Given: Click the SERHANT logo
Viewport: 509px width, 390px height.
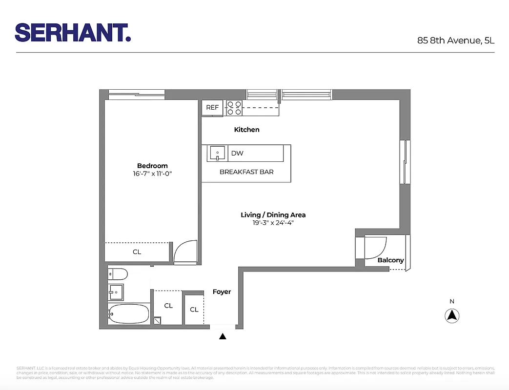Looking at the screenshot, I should tap(73, 32).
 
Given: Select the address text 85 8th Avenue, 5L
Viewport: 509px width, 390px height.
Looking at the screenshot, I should tap(455, 40).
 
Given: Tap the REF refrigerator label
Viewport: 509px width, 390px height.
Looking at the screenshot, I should tap(212, 108).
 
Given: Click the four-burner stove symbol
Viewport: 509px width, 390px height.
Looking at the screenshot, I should tap(234, 108).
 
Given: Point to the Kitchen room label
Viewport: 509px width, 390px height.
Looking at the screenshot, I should tap(246, 130).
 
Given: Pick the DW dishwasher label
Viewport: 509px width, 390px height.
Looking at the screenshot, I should tap(237, 154).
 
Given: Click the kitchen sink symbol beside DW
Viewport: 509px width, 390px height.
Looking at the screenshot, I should tap(217, 154).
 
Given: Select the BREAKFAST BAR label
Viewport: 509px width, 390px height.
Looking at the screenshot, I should tap(246, 172).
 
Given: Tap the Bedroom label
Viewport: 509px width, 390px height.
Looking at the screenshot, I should tap(152, 166).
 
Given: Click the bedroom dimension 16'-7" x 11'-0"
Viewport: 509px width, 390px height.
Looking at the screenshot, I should tap(152, 173).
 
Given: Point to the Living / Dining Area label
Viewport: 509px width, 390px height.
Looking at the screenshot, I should tap(273, 215).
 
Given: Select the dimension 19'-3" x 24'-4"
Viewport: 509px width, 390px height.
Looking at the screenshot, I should tap(273, 223).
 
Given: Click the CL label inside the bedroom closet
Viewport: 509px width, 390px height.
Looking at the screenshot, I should tap(137, 252).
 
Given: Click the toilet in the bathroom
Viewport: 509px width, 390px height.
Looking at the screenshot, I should tap(118, 273).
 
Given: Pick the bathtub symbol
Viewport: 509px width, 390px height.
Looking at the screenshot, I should tap(129, 314).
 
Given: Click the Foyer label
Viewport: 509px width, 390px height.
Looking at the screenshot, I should tap(222, 292).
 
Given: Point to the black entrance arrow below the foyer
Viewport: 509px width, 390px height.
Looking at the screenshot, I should tap(223, 336).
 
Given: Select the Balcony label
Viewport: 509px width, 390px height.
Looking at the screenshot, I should tap(390, 260).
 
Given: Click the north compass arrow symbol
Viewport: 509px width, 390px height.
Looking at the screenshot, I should tap(452, 315).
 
